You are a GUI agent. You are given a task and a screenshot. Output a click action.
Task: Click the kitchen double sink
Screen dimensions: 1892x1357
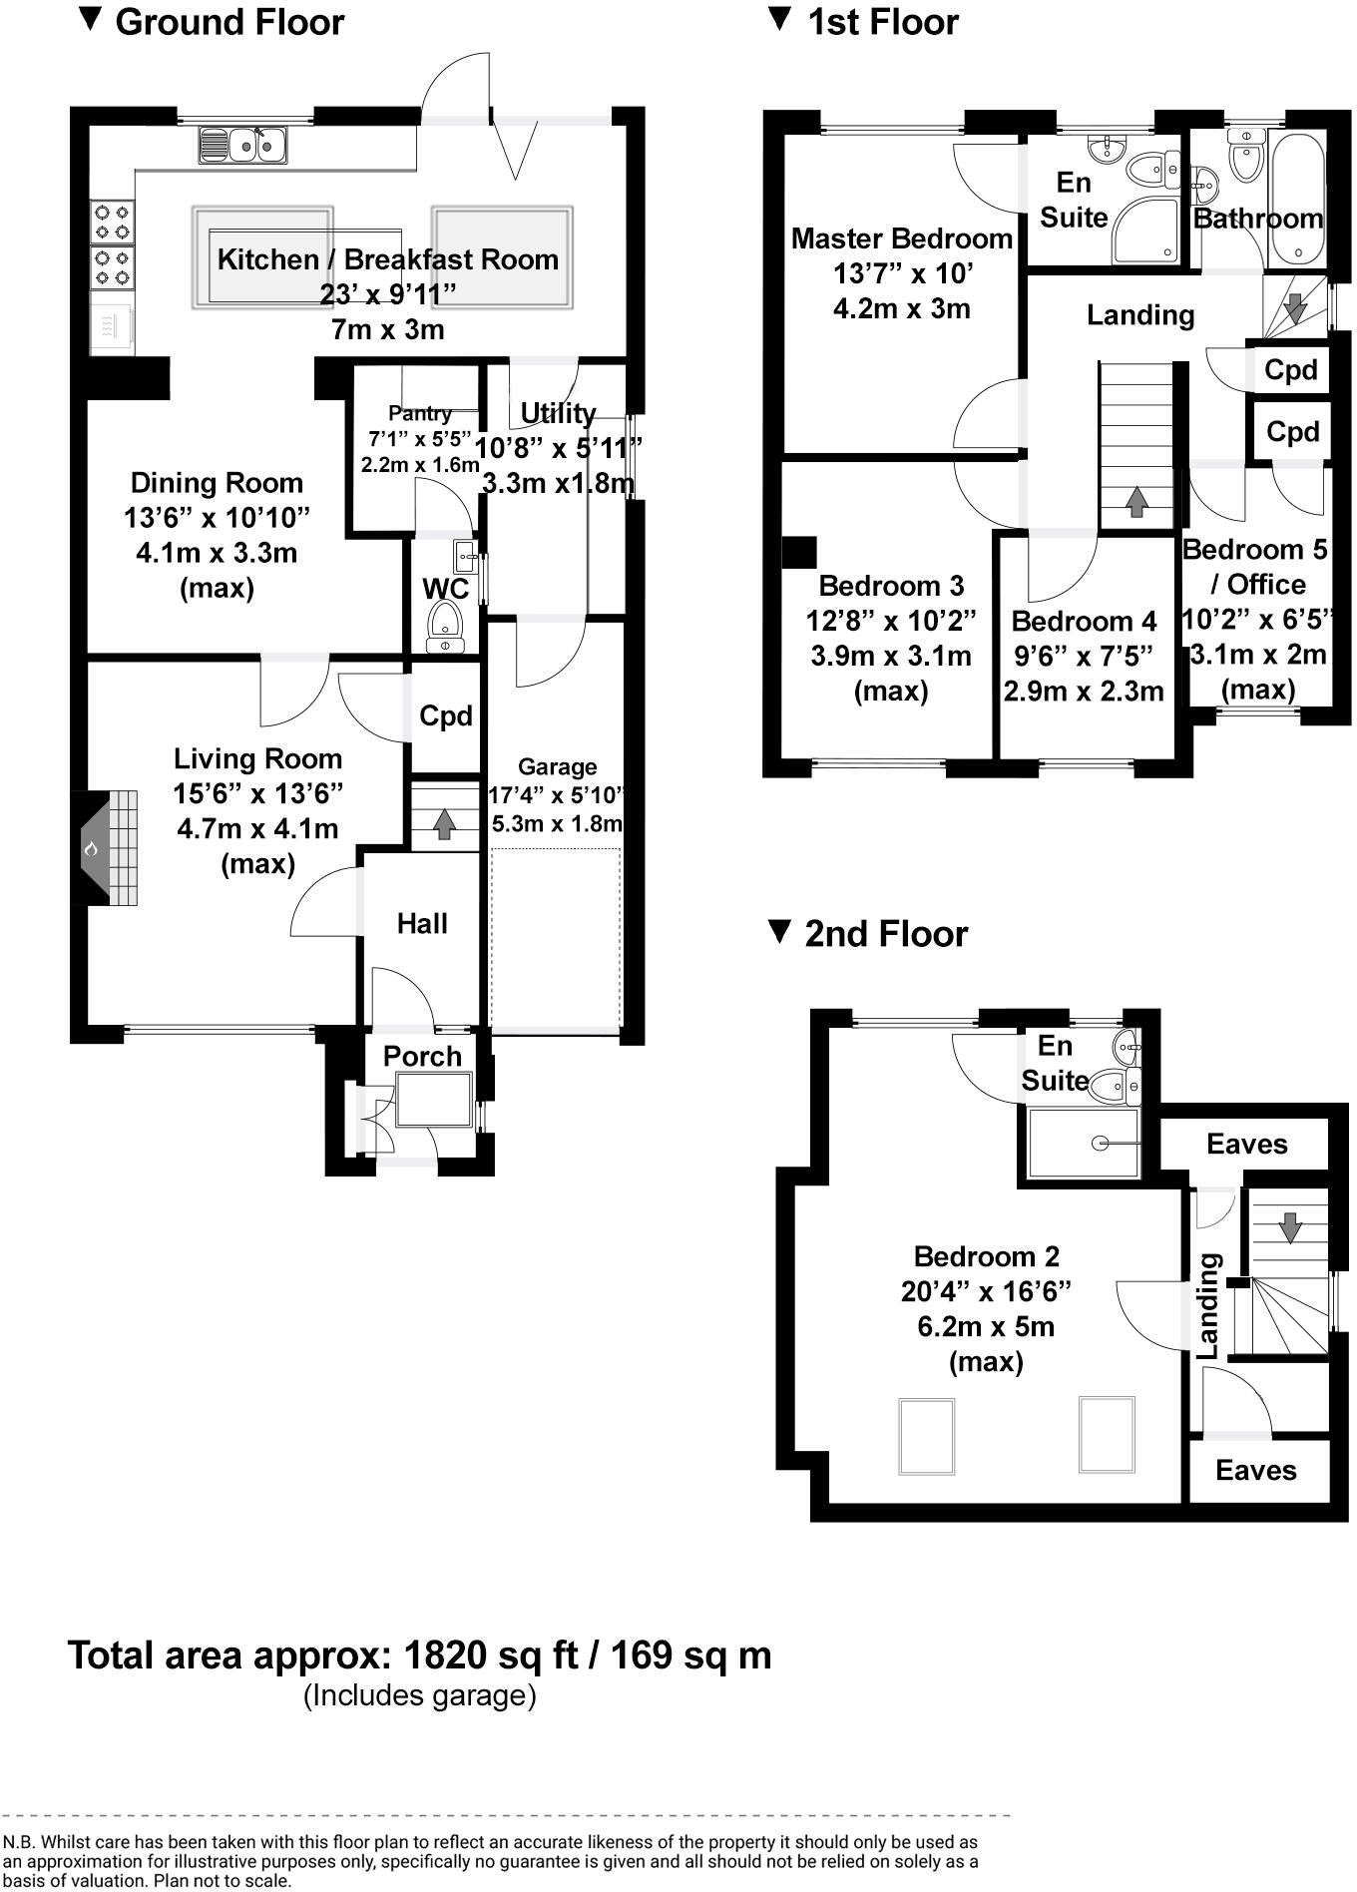[x=243, y=146]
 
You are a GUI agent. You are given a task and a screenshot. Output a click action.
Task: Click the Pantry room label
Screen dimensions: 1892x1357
[x=420, y=413]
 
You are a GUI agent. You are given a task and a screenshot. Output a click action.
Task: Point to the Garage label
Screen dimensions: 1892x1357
[x=557, y=767]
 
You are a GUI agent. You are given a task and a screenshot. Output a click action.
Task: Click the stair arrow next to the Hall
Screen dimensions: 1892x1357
[x=444, y=823]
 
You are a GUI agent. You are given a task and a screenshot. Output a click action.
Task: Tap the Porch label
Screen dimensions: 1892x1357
[x=422, y=1056]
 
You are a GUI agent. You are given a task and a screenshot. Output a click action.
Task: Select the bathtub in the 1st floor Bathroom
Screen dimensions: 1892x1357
[x=1297, y=190]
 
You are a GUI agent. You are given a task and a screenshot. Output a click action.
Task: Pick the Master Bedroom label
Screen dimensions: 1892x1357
[x=901, y=239]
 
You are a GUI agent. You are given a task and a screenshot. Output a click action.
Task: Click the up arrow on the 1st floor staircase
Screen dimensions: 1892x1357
[x=1135, y=501]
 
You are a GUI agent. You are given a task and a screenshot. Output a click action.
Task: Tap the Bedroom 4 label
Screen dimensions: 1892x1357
[x=1084, y=622]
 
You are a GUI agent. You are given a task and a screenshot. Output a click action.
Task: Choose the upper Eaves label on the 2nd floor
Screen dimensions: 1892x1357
[x=1246, y=1144]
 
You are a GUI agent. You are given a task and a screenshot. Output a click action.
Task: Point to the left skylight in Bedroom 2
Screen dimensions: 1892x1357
[x=927, y=1436]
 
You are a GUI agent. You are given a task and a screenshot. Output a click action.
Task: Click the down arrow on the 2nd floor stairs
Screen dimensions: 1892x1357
[x=1290, y=1226]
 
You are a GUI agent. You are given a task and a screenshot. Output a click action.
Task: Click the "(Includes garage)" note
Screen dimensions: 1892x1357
[x=419, y=1695]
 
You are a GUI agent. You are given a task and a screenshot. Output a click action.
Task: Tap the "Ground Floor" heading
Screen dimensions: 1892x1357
[x=229, y=22]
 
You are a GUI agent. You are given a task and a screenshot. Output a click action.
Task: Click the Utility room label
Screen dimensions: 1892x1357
[x=558, y=413]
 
